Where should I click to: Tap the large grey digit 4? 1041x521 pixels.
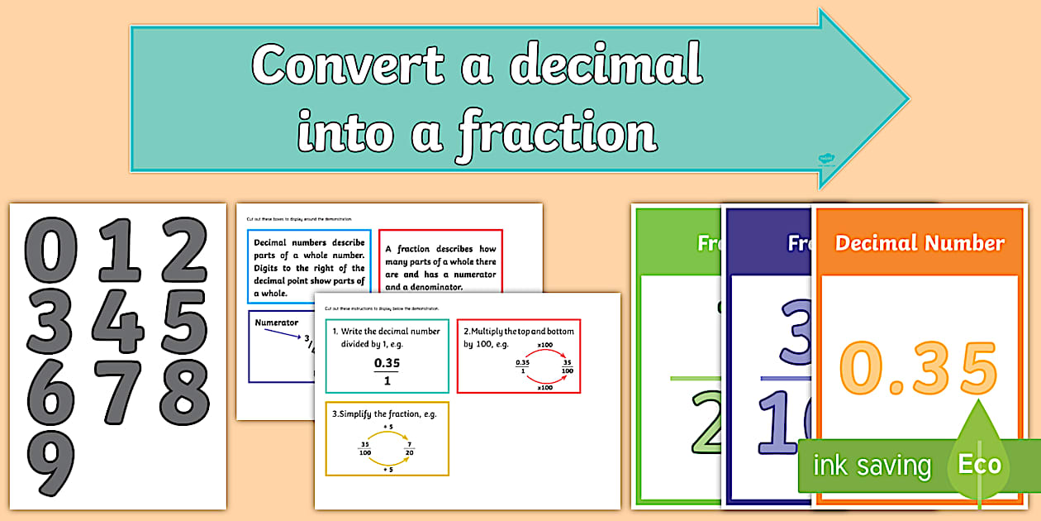(118, 320)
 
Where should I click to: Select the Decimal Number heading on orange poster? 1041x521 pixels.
(920, 243)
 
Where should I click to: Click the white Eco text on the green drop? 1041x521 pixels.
(979, 464)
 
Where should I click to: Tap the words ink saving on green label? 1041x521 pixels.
(872, 466)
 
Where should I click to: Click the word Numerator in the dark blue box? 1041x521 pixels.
(277, 322)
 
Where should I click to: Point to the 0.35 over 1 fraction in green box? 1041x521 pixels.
(381, 371)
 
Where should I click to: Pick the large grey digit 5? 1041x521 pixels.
(184, 320)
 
